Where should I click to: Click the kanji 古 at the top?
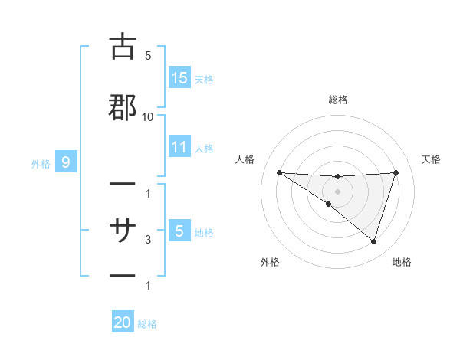click(123, 47)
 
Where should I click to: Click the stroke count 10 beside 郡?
click(148, 117)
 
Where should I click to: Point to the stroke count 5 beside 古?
click(148, 56)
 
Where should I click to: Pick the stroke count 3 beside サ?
click(148, 240)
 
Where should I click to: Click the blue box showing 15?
click(179, 78)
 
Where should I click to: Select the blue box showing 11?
click(179, 147)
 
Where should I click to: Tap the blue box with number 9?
click(66, 162)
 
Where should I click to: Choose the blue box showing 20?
click(123, 323)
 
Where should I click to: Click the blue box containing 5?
click(179, 231)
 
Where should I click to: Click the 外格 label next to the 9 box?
click(41, 163)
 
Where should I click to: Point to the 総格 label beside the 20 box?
click(147, 324)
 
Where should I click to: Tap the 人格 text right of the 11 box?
click(204, 148)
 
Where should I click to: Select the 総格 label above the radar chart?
click(337, 100)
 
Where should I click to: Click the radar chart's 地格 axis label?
click(402, 262)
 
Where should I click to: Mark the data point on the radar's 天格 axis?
click(396, 172)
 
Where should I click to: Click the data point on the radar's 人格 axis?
click(279, 172)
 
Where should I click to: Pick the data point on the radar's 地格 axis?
click(373, 241)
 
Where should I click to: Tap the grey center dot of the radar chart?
click(337, 191)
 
